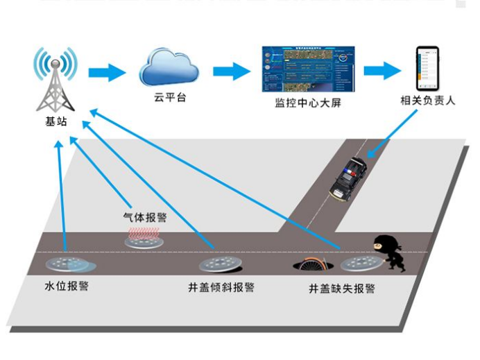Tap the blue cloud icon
pyautogui.click(x=169, y=67)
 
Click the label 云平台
pyautogui.click(x=169, y=98)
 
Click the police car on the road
pyautogui.click(x=348, y=180)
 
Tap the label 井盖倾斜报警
pyautogui.click(x=221, y=286)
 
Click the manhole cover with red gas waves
pyautogui.click(x=145, y=239)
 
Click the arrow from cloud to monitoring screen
pyautogui.click(x=231, y=71)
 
